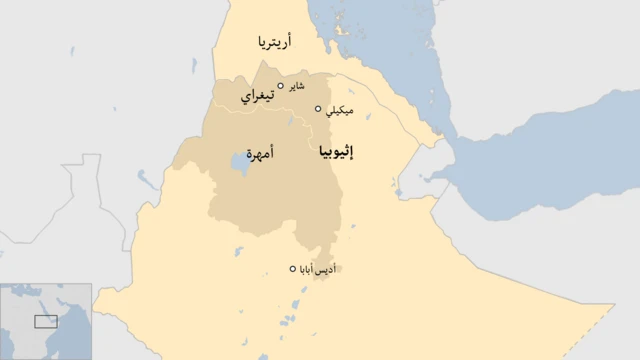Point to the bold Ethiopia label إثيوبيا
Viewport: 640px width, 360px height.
341,153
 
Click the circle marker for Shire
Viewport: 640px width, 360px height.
281,86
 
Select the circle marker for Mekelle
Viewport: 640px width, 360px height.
319,109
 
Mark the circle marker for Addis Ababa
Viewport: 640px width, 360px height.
293,268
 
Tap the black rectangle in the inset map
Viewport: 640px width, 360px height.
46,321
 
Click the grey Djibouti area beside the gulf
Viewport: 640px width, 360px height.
420,180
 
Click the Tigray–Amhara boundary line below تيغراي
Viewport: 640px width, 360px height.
262,119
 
